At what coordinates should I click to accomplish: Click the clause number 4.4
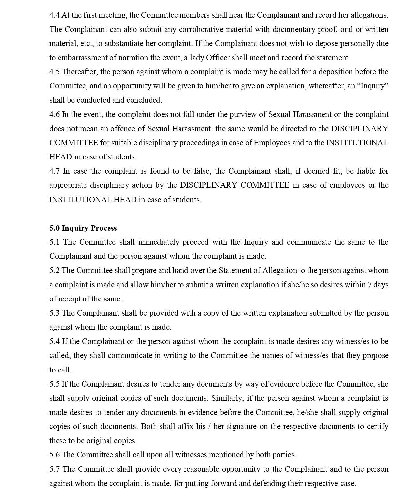54,15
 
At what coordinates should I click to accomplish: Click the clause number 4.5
55,72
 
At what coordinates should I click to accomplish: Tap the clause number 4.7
55,171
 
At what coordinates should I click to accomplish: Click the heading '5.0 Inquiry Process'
83,228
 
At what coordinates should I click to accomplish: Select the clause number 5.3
55,313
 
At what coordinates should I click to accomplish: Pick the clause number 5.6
55,455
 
